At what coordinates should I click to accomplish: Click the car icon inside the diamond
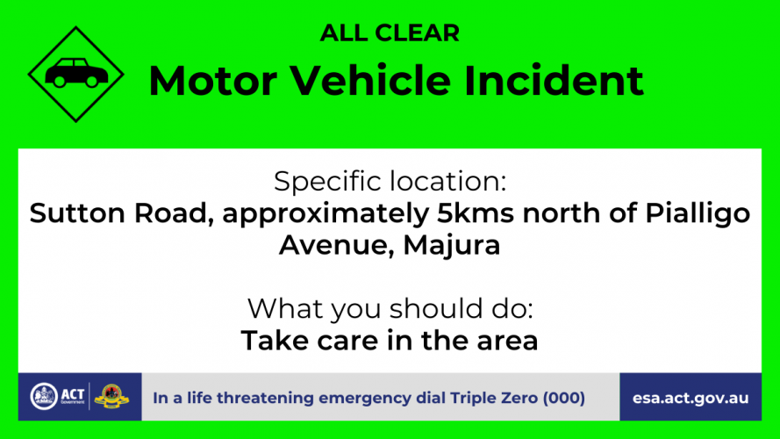pos(76,73)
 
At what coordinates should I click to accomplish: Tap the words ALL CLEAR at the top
pos(390,33)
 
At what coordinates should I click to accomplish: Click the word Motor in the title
pos(213,81)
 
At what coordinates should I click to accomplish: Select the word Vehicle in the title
pos(370,80)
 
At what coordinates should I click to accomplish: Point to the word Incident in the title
pos(554,80)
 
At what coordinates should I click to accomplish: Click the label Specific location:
pos(390,181)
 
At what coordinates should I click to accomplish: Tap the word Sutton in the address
pos(77,213)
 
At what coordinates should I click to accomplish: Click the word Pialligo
pos(698,214)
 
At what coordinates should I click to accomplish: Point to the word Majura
pos(451,245)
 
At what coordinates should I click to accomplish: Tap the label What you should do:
pos(390,309)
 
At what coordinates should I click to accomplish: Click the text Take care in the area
pos(390,341)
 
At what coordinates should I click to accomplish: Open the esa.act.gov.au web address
pos(691,399)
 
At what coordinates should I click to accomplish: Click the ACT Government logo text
pos(73,397)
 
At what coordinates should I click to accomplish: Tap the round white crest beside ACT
pos(44,397)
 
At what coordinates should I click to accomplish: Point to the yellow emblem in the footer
pos(112,397)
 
